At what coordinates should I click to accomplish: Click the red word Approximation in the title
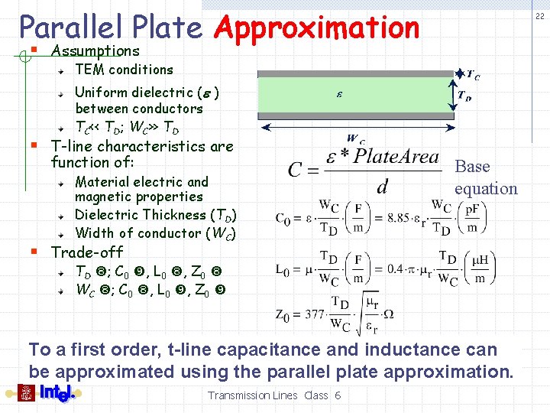(x=317, y=28)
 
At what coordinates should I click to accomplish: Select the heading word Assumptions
(x=95, y=51)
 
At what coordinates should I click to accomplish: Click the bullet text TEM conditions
(x=124, y=70)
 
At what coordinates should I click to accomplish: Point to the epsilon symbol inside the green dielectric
(x=340, y=95)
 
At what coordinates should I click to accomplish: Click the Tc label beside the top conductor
(x=473, y=75)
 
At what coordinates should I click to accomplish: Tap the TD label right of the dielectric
(x=464, y=96)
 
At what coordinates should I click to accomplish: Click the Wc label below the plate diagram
(x=356, y=139)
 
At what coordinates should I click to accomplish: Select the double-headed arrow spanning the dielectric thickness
(x=449, y=95)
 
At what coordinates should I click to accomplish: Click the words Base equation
(x=485, y=177)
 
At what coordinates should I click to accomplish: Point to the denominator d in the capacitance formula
(x=382, y=186)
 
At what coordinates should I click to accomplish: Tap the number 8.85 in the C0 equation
(x=401, y=217)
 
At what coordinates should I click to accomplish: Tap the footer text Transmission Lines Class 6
(x=274, y=395)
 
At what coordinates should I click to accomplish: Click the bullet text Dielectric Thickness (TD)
(x=156, y=216)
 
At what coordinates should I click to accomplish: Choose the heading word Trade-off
(x=86, y=252)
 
